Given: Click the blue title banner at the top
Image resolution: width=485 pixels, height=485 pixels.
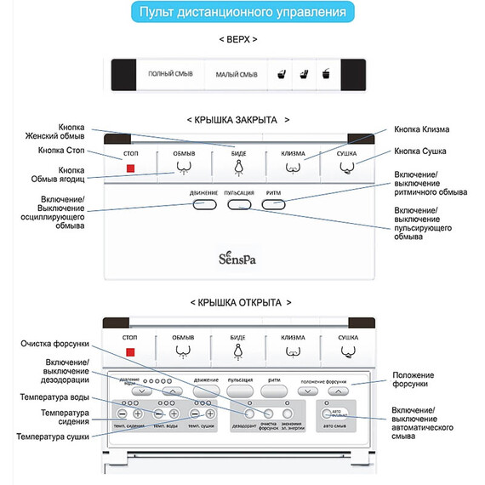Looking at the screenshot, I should (x=242, y=14).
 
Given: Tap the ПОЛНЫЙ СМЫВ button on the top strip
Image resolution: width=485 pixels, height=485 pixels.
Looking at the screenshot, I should (x=170, y=75).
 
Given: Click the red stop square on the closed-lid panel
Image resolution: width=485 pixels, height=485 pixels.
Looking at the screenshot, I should (x=131, y=168).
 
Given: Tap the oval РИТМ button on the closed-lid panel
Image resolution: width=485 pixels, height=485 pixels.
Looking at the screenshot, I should (x=273, y=204).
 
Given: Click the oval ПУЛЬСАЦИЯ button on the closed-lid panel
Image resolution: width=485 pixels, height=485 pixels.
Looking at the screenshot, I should (x=240, y=204).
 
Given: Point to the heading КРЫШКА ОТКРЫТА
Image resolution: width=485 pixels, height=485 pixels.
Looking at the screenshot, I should (x=242, y=302).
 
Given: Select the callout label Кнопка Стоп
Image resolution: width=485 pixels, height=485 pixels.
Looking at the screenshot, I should (x=59, y=150).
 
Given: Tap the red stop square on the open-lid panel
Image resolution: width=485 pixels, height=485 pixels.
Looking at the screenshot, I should (x=131, y=350).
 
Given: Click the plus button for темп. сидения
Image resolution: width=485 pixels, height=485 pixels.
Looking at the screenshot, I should (x=138, y=413).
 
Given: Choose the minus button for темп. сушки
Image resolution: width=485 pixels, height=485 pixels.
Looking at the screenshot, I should (x=196, y=413).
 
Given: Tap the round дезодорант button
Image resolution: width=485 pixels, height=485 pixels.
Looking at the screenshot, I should (x=248, y=413).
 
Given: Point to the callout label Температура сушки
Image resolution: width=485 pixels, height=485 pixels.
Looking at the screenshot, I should (x=51, y=436).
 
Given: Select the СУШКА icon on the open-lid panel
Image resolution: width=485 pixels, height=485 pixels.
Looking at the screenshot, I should (x=346, y=350).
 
